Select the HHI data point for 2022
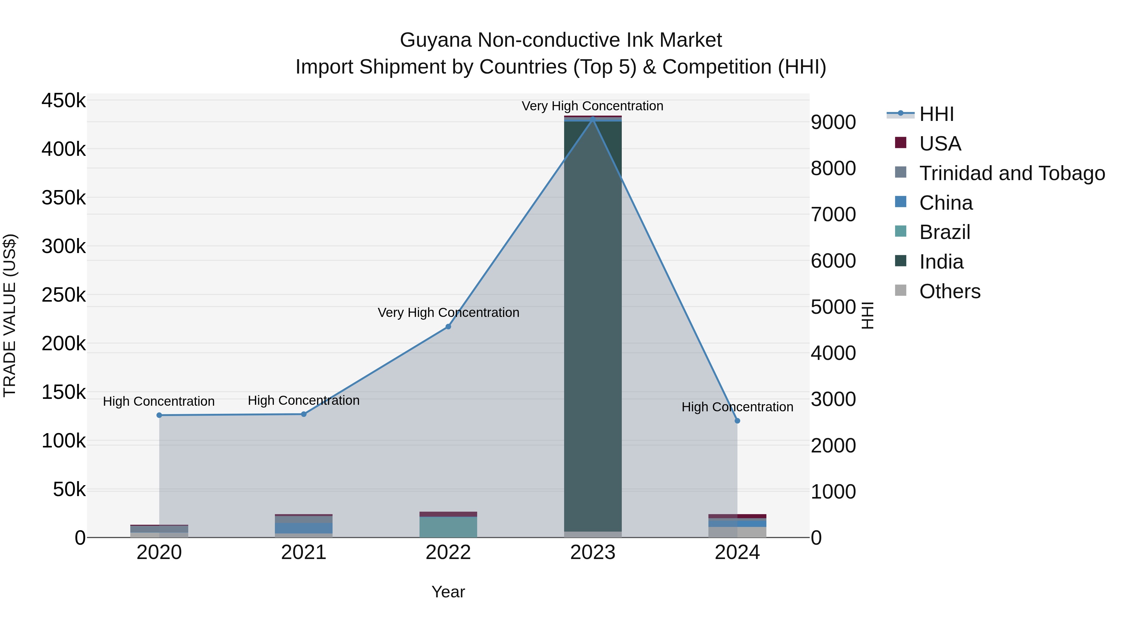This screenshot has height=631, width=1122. pyautogui.click(x=448, y=327)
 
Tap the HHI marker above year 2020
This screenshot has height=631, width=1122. pyautogui.click(x=159, y=415)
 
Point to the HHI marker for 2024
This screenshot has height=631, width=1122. pyautogui.click(x=737, y=421)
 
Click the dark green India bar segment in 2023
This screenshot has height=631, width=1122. pyautogui.click(x=593, y=327)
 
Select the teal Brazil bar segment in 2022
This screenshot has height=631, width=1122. pyautogui.click(x=448, y=527)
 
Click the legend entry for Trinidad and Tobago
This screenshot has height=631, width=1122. pyautogui.click(x=1012, y=173)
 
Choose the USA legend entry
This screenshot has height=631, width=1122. pyautogui.click(x=940, y=144)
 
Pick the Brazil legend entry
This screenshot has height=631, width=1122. pyautogui.click(x=944, y=232)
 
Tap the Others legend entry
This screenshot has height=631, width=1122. pyautogui.click(x=950, y=291)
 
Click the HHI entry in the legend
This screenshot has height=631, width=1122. pyautogui.click(x=937, y=114)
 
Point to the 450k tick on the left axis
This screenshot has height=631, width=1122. pyautogui.click(x=64, y=101)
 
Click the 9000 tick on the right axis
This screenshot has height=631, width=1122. pyautogui.click(x=833, y=122)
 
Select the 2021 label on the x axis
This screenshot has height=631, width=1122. pyautogui.click(x=304, y=552)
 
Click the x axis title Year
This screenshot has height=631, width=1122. pyautogui.click(x=448, y=592)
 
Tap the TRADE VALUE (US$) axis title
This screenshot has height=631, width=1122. pyautogui.click(x=10, y=315)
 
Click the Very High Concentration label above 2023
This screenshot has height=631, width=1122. pyautogui.click(x=592, y=106)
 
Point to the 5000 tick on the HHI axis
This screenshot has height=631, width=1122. pyautogui.click(x=833, y=307)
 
